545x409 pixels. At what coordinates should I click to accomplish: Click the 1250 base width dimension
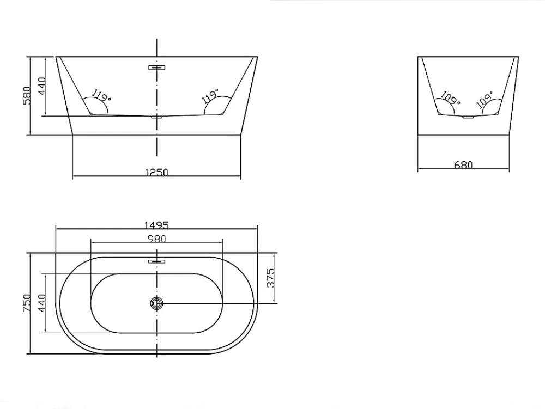pos(156,172)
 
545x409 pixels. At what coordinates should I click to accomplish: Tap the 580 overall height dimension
pos(27,95)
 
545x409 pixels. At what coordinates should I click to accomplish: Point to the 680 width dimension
pos(463,164)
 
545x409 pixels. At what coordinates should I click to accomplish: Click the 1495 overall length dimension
pos(156,225)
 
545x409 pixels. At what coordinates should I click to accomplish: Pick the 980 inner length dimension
pos(157,239)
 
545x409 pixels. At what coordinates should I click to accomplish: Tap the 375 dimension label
pos(270,278)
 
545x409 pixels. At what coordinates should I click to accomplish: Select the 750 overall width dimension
pos(27,303)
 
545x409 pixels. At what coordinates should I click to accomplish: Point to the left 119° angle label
pos(101,95)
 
